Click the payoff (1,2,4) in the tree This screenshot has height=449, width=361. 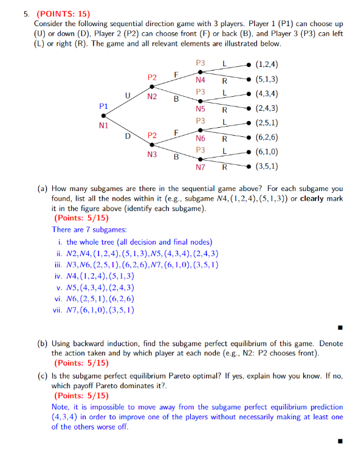point(267,64)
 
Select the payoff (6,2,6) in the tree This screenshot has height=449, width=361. point(267,138)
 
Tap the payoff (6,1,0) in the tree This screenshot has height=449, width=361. point(267,152)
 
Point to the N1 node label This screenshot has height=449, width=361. point(103,127)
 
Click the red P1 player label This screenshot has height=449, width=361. point(103,106)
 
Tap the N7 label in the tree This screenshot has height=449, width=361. point(201,167)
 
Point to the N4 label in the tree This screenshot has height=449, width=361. point(201,80)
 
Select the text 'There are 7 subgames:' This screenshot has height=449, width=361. point(89,229)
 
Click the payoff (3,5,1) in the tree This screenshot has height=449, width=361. point(267,166)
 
